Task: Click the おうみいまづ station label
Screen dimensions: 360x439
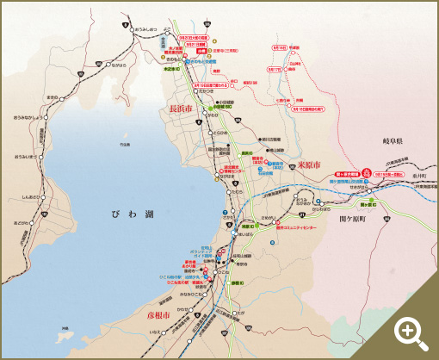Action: pos(26,157)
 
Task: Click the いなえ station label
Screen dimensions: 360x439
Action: pos(155,331)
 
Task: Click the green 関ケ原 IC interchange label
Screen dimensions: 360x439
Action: pos(368,205)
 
